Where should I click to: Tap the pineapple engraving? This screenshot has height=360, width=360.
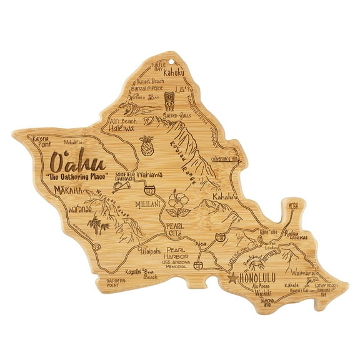click(147, 145)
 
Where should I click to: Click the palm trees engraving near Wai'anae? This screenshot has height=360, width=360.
click(97, 224)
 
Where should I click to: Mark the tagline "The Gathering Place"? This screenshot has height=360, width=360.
click(76, 179)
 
